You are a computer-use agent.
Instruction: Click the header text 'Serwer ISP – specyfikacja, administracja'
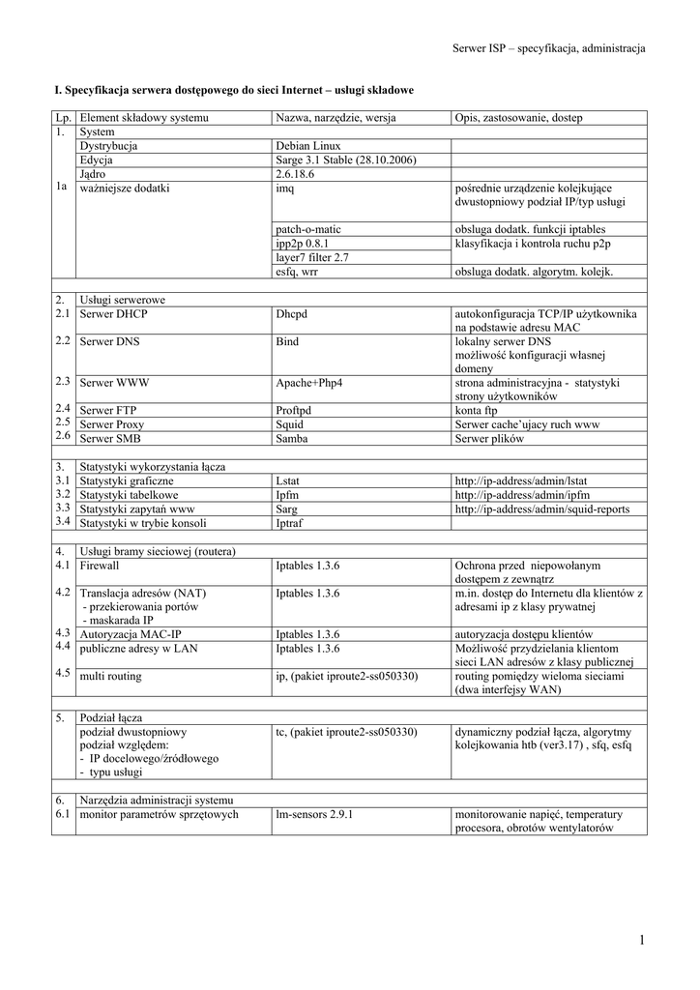pos(548,47)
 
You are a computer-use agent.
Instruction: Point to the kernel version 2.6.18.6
pos(298,174)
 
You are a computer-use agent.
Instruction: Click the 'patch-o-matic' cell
pos(308,229)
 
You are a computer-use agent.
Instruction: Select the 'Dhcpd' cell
pos(292,314)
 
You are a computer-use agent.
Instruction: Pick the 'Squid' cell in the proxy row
pos(290,424)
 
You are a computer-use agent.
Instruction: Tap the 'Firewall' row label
pos(100,566)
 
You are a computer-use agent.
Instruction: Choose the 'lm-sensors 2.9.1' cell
pos(314,815)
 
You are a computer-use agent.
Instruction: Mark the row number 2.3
pos(63,381)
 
